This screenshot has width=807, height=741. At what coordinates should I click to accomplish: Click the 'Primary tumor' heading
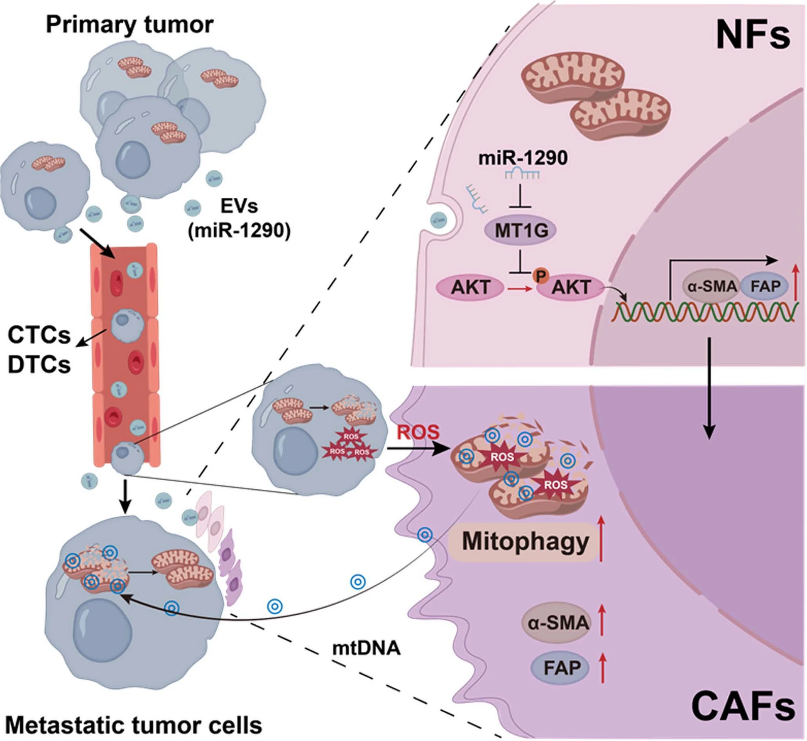[129, 25]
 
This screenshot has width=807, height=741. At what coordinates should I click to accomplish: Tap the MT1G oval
[521, 230]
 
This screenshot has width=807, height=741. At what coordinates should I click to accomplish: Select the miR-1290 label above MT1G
[523, 158]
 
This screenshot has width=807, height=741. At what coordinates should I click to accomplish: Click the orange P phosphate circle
[540, 275]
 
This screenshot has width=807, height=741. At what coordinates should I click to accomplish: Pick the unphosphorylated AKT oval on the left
[470, 287]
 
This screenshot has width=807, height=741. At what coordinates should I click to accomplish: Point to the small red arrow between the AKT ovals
[519, 289]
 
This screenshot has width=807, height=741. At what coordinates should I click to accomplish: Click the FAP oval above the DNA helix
[765, 286]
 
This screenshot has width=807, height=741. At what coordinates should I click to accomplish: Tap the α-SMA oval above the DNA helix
[712, 286]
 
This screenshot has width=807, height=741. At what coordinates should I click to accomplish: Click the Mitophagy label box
[525, 542]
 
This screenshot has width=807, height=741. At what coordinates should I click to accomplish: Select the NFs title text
[752, 36]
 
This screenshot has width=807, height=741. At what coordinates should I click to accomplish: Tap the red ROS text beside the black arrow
[418, 432]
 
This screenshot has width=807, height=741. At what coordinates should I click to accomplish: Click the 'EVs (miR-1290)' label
[239, 218]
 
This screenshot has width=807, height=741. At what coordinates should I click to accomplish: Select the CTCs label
[39, 335]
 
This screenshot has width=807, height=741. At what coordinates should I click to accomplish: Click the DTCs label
[39, 364]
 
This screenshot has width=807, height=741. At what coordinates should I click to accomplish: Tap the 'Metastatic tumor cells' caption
[133, 725]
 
